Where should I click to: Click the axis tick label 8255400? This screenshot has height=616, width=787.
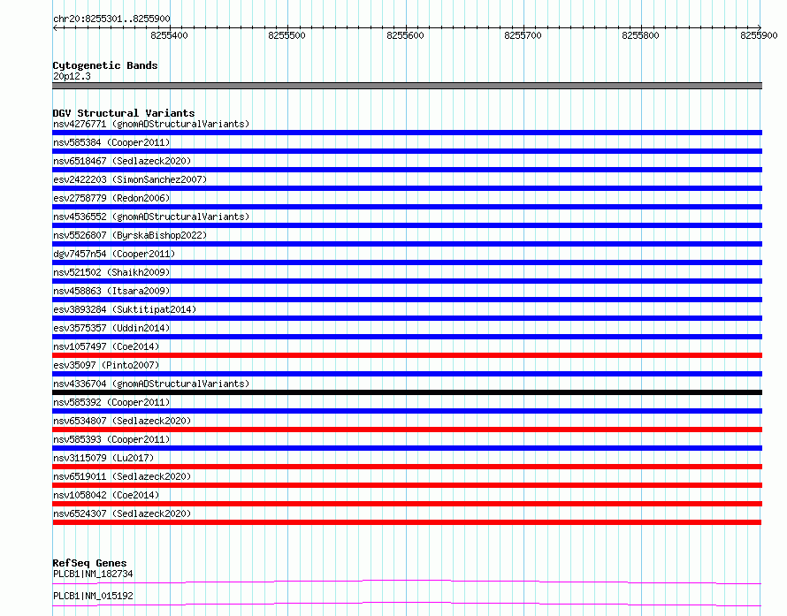coord(169,35)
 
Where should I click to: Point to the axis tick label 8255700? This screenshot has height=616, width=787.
coord(523,35)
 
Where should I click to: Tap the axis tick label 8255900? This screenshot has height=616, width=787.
coord(759,35)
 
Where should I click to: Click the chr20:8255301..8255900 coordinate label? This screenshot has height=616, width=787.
coord(111,19)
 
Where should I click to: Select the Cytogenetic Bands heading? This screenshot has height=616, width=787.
coord(105,65)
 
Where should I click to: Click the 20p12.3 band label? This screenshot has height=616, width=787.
coord(72,76)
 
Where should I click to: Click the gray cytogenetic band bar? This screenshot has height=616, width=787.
coord(407,86)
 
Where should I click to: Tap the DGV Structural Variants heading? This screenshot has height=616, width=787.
coord(124,113)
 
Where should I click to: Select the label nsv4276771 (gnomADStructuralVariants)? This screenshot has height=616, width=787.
coord(151,124)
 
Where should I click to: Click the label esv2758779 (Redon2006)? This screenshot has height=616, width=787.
coord(111,198)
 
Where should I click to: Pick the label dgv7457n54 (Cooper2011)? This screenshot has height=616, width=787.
coord(114,254)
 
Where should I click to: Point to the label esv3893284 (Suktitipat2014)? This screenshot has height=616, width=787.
coord(125,309)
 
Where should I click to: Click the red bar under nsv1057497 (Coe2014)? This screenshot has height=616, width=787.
coord(407,355)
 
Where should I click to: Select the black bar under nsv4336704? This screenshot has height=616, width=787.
coord(407,392)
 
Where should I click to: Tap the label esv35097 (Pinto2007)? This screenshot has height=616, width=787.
coord(106,365)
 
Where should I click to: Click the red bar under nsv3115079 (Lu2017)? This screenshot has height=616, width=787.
coord(407,467)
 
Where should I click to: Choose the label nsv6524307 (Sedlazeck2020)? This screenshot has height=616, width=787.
coord(122,513)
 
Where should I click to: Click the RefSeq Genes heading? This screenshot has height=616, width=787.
coord(89,563)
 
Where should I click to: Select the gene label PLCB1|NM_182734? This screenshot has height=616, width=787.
coord(93,574)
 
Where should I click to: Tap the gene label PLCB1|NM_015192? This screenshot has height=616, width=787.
coord(93,596)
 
